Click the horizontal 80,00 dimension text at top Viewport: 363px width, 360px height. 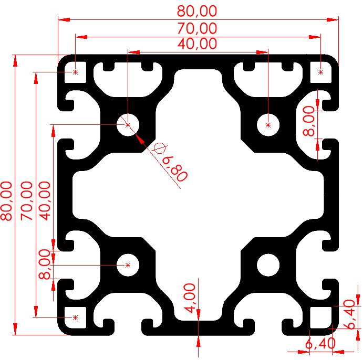coord(197,10)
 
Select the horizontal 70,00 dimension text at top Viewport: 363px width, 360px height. coord(197,27)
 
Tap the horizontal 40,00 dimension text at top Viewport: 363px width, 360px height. coord(197,44)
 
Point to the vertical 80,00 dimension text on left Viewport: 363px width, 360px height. coord(7,200)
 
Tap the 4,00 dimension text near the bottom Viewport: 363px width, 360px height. coord(189,298)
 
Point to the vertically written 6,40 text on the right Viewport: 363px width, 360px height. coord(349,314)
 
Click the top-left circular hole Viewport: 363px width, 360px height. coord(128,124)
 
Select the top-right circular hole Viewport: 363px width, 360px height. coord(268,124)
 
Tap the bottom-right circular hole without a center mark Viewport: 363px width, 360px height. coord(268,264)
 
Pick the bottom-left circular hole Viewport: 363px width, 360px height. coord(128,265)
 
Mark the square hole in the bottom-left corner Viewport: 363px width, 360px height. coord(76,317)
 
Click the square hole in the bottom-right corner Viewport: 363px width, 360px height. coord(321,317)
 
